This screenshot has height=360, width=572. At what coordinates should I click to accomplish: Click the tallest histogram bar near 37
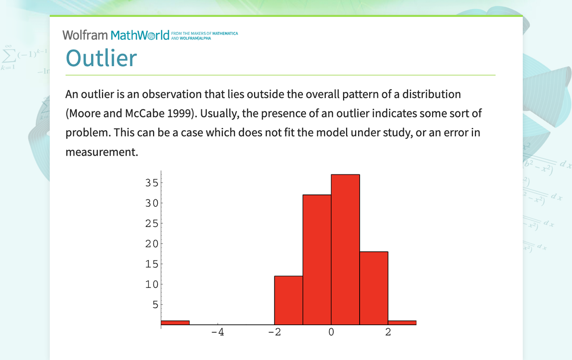(x=345, y=250)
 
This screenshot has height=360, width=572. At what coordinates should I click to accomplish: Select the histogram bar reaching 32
(x=317, y=260)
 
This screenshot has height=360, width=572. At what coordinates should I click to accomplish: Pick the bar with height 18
(x=374, y=288)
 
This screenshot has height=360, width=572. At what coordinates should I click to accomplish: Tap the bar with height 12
(x=288, y=300)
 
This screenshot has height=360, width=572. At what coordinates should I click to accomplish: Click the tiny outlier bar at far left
(x=175, y=323)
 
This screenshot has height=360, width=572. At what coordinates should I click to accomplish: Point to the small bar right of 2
(x=402, y=323)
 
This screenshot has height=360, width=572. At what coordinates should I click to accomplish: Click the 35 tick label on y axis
(x=151, y=183)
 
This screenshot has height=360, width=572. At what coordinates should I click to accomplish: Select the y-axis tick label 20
(x=151, y=244)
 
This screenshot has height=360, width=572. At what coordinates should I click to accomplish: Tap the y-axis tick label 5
(x=154, y=304)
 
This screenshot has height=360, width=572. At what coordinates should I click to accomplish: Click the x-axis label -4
(x=217, y=332)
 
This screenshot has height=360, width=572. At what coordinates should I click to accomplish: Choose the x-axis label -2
(x=274, y=332)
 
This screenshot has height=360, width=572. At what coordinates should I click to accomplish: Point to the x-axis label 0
(x=331, y=332)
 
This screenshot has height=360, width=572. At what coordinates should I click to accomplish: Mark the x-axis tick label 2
(x=388, y=332)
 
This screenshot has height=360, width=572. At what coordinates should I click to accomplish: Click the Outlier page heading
(x=101, y=58)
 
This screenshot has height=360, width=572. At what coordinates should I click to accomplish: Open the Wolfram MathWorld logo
(x=115, y=35)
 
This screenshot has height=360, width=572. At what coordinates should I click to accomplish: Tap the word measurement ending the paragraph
(x=101, y=152)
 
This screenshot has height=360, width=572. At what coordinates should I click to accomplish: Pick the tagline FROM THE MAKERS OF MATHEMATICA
(x=204, y=33)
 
